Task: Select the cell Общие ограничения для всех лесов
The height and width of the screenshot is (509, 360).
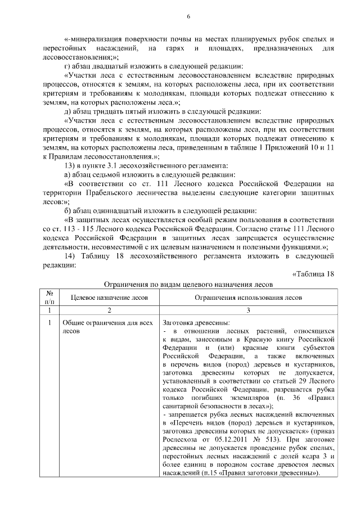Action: [x=99, y=327]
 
